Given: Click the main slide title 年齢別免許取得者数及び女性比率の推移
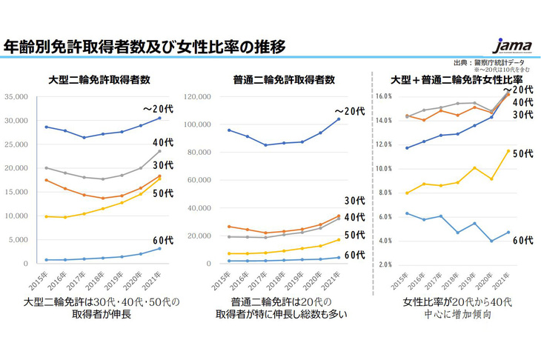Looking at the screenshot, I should (145, 46).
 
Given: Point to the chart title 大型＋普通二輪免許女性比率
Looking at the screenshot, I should (457, 79).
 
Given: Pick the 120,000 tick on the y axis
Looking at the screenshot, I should (204, 97).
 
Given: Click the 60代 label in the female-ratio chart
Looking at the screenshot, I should (522, 240).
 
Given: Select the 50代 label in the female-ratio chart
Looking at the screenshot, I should (522, 153).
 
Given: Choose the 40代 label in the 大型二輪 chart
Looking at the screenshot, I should (163, 142).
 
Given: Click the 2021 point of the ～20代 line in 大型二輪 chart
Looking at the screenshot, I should (159, 118).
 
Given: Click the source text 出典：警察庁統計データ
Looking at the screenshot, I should (494, 64).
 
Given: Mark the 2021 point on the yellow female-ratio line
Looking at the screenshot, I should (507, 151).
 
